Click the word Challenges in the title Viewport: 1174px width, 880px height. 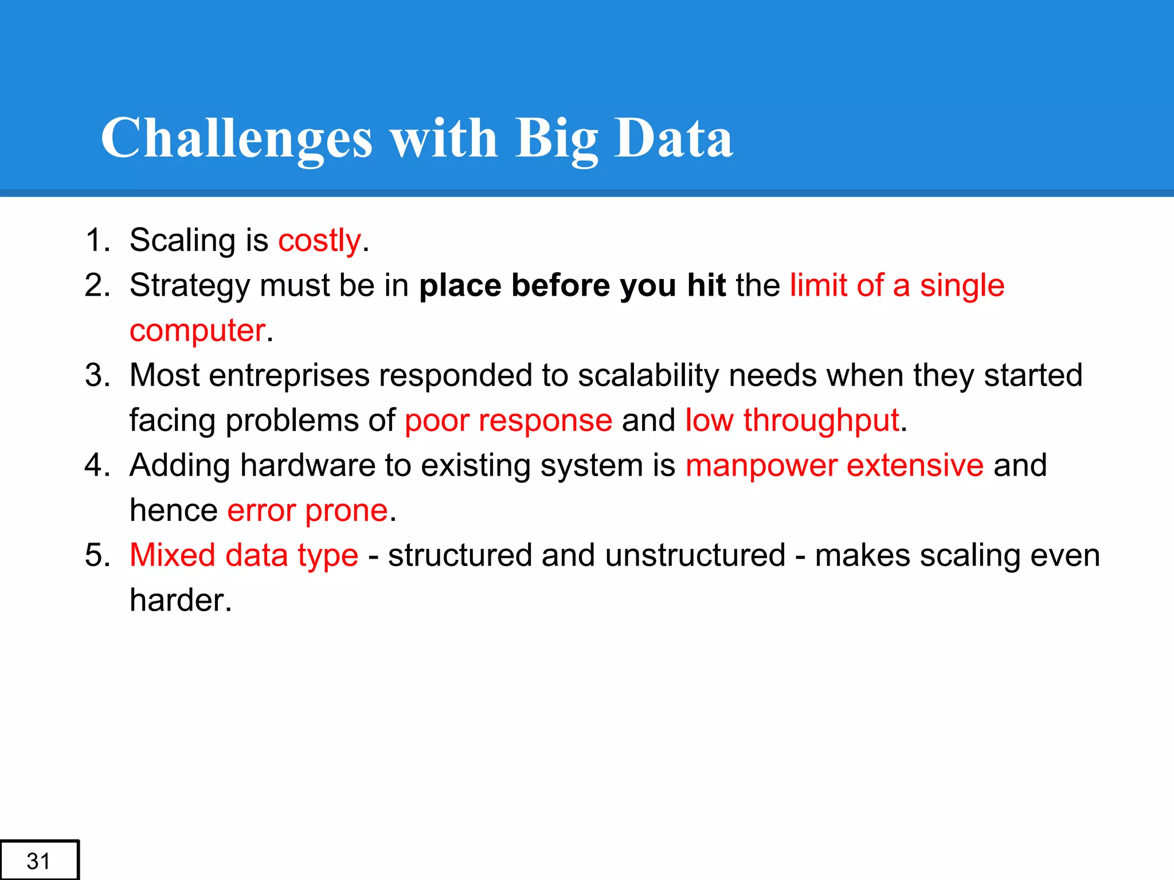coord(236,138)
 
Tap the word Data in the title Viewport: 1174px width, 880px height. coord(674,138)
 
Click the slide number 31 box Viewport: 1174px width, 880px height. coord(38,861)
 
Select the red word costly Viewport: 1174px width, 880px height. coord(319,241)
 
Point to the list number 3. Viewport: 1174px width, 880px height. coord(97,376)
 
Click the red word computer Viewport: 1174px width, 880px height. coord(197,331)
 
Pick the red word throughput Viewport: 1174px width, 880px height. coord(821,421)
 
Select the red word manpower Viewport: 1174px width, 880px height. coord(761,465)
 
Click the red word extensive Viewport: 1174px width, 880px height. coord(915,465)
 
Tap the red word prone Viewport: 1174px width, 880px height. coord(346,511)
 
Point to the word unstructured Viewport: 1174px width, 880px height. coord(694,555)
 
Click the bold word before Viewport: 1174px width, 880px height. coord(560,285)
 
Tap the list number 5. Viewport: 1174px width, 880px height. coord(97,555)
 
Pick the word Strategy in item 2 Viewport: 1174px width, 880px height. coord(190,286)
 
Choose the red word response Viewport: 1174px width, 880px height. coord(545,421)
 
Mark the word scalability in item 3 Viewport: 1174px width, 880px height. coord(648,376)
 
